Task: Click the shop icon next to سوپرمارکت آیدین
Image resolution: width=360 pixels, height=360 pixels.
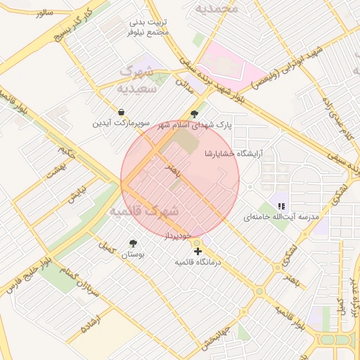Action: (122, 112)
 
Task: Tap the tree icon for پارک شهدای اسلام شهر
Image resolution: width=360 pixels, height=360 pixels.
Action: (195, 113)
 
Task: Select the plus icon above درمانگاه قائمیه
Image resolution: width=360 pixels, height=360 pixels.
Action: (198, 250)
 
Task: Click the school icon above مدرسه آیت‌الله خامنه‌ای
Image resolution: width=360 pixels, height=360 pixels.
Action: (281, 206)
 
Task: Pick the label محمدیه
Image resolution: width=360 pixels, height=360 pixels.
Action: (217, 8)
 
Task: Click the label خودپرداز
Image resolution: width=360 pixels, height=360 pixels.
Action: (179, 238)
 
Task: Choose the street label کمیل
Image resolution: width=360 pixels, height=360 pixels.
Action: (105, 247)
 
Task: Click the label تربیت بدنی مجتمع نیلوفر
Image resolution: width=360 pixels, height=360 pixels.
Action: (150, 27)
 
